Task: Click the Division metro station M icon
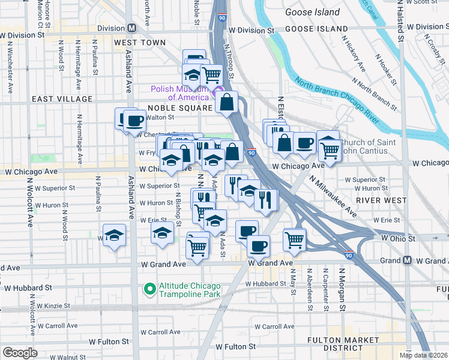pyautogui.click(x=131, y=28)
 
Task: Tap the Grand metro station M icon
pyautogui.click(x=407, y=260)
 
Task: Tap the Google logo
pyautogui.click(x=20, y=352)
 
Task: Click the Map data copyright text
pyautogui.click(x=424, y=355)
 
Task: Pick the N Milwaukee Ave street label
pyautogui.click(x=333, y=196)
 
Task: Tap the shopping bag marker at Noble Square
pyautogui.click(x=228, y=103)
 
